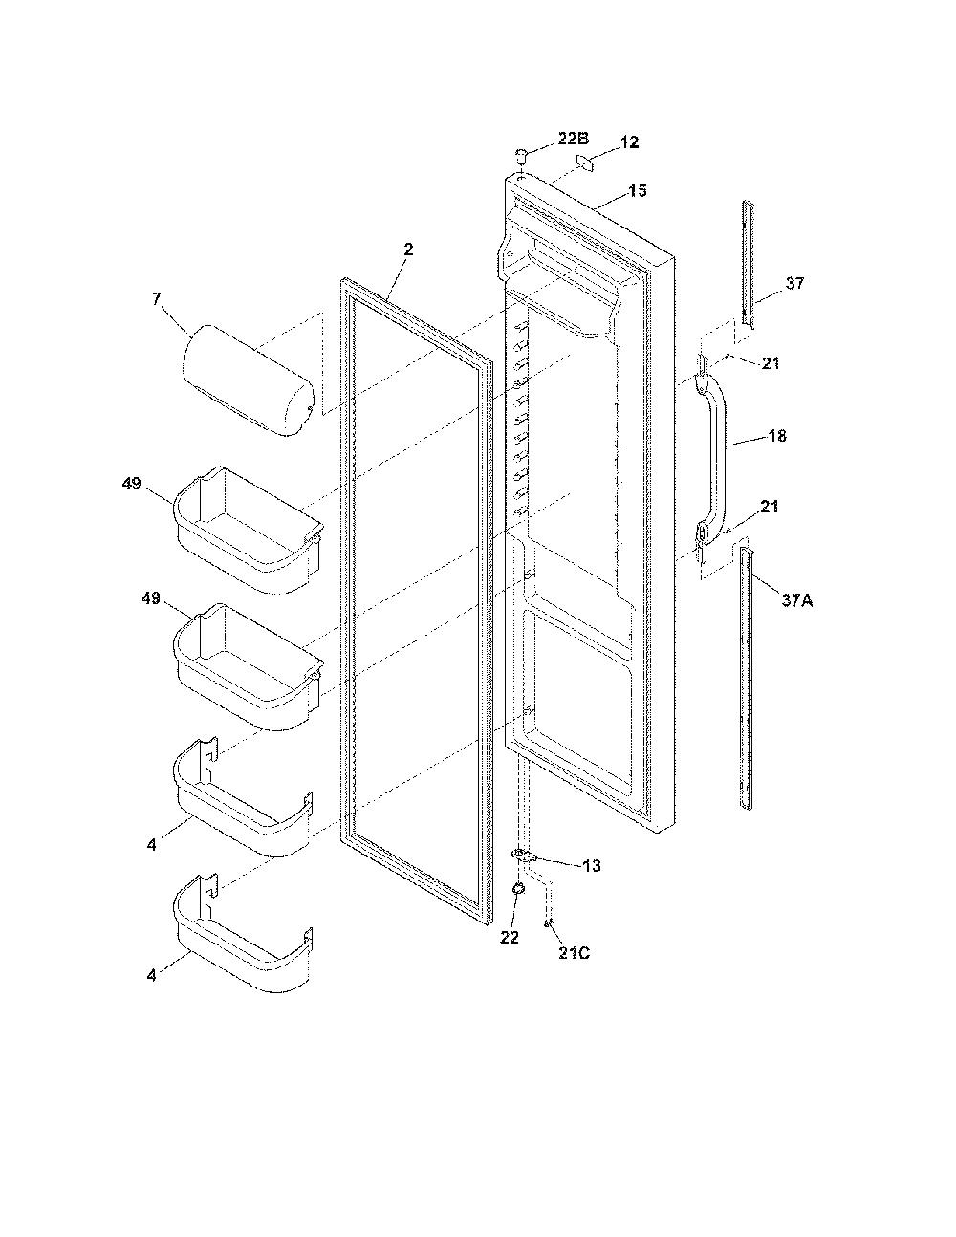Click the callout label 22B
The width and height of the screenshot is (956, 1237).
point(573,139)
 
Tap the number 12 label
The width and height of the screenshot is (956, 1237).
point(629,142)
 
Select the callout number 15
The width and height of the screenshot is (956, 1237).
point(638,190)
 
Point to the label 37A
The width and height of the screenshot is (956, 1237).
point(796,600)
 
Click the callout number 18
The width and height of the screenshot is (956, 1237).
point(776,436)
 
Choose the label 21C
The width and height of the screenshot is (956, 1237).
point(574,953)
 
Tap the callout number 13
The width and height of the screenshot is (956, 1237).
point(592,866)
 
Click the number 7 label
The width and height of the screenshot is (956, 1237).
point(157,299)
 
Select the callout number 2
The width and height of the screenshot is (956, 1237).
point(408,250)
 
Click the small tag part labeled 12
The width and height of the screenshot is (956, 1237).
point(584,163)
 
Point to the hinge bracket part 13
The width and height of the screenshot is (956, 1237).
point(525,856)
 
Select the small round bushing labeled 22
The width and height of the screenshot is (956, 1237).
point(519,888)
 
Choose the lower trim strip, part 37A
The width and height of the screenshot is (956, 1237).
point(747,678)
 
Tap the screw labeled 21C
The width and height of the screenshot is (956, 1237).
point(548,923)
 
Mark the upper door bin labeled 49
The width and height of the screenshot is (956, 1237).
point(248,531)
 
